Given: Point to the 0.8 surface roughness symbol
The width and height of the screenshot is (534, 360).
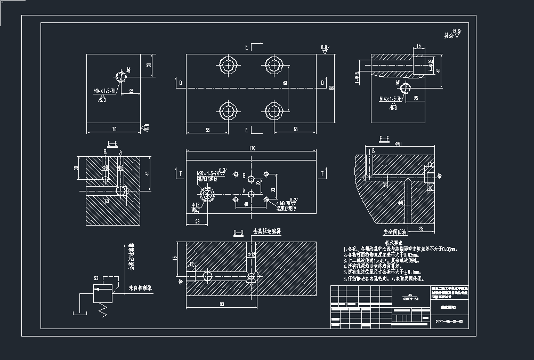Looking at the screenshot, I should point(325,49).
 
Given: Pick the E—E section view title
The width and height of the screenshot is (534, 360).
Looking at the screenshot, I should point(112,144).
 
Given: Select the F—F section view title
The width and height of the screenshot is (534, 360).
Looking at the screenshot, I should point(383,139).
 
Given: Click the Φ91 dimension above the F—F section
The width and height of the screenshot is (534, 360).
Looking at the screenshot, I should point(397,144).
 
